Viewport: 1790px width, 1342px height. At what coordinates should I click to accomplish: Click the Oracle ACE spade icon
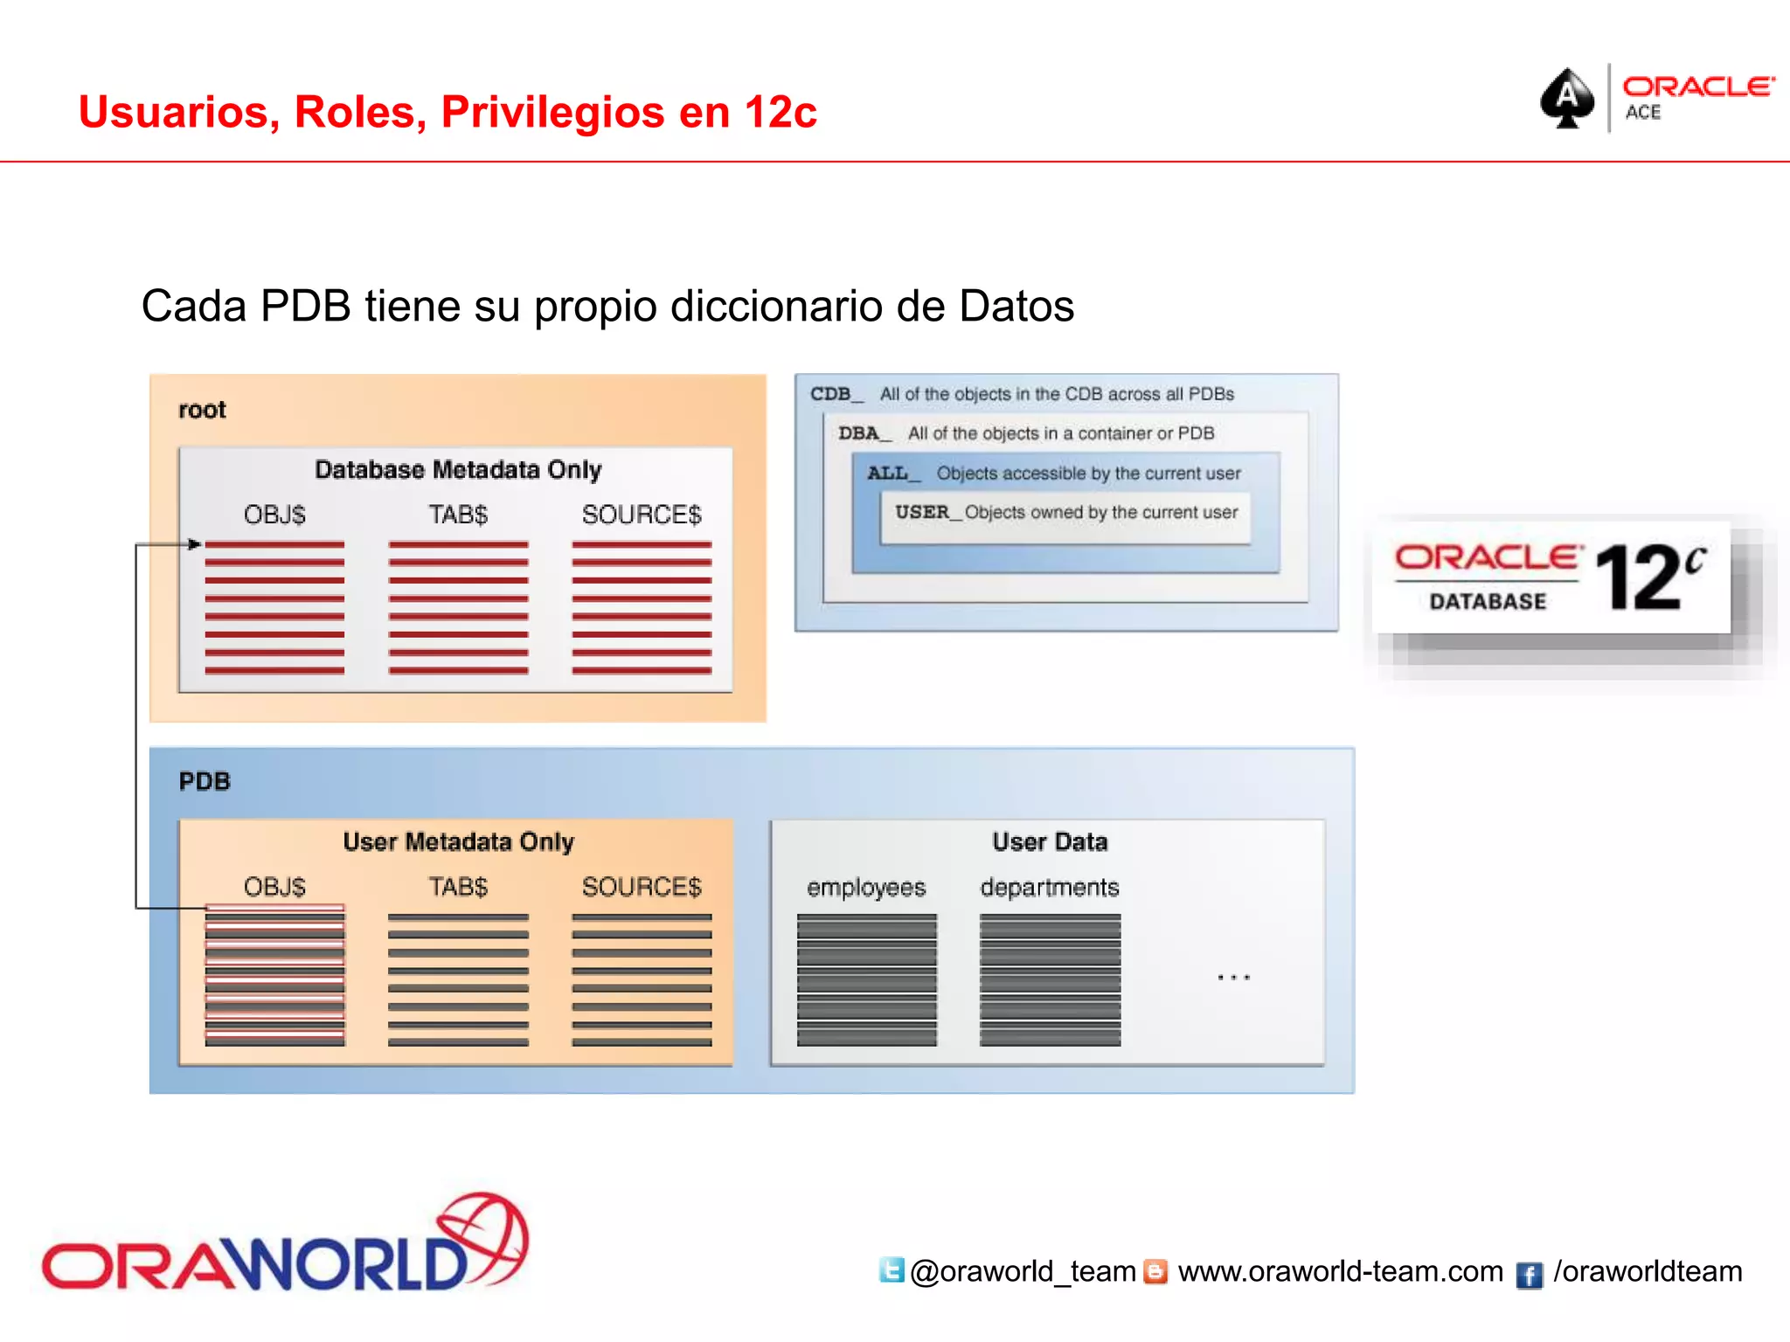coord(1567,99)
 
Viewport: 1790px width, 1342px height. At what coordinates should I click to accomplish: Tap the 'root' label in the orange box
coord(202,410)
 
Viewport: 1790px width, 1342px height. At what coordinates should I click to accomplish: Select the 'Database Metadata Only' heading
coord(458,470)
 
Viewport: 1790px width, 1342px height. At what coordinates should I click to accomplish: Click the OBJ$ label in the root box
coord(274,515)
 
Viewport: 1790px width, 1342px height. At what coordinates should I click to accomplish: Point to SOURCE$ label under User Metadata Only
coord(642,887)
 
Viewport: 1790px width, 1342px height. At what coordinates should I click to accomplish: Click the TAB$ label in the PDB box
coord(458,887)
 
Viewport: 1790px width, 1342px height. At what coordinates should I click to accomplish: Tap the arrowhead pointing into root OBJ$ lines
coord(195,544)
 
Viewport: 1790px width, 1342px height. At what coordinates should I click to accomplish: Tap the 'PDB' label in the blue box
coord(205,781)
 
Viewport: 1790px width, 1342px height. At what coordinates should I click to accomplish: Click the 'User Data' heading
coord(1050,841)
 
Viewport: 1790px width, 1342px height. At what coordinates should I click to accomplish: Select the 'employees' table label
coord(866,888)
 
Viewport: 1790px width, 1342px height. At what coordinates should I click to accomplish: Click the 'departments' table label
coord(1050,888)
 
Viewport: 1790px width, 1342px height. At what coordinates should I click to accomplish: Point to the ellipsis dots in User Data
coord(1233,978)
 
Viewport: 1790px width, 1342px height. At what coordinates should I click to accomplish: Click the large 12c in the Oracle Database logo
coord(1648,577)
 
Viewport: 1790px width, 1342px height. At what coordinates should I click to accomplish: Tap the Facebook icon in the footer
coord(1529,1275)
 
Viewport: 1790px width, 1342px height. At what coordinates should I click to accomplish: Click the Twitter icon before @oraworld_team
coord(892,1270)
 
